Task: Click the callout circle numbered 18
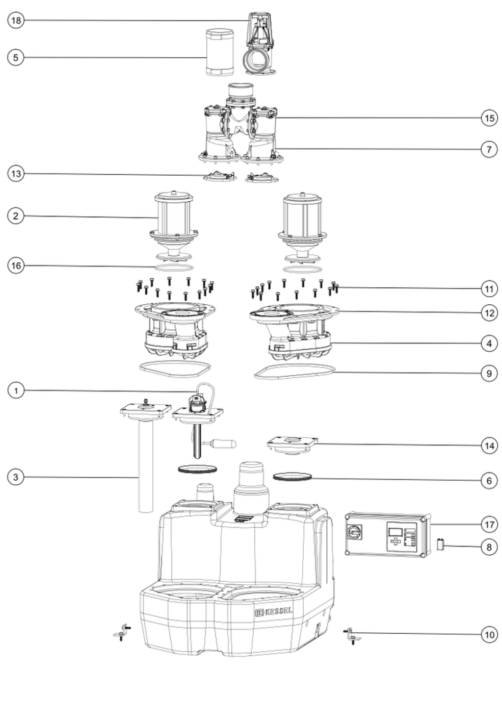pyautogui.click(x=16, y=20)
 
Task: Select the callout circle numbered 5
pyautogui.click(x=16, y=58)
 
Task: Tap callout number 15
pyautogui.click(x=489, y=118)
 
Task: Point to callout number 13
pyautogui.click(x=16, y=174)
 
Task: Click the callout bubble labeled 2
pyautogui.click(x=16, y=216)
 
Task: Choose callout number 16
pyautogui.click(x=16, y=266)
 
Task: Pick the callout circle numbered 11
pyautogui.click(x=489, y=288)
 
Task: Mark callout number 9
pyautogui.click(x=489, y=373)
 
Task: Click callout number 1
pyautogui.click(x=16, y=390)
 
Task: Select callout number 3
pyautogui.click(x=16, y=477)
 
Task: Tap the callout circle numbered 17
pyautogui.click(x=489, y=524)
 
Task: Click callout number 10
pyautogui.click(x=489, y=634)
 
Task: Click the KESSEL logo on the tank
pyautogui.click(x=273, y=612)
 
